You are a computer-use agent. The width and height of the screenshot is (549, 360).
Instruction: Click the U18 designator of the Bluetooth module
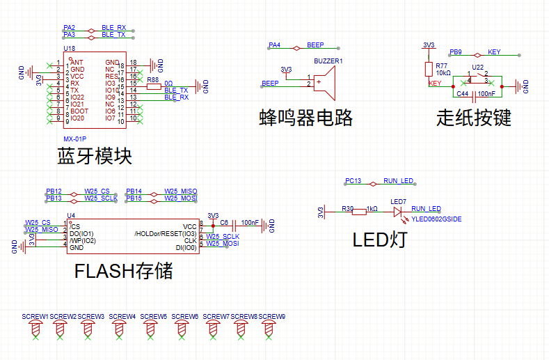point(69,49)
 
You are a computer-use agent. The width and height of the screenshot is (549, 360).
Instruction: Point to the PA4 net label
point(275,45)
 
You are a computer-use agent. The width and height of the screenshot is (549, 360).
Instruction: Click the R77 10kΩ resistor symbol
point(428,68)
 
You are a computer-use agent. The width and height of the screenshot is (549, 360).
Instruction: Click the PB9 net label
point(456,52)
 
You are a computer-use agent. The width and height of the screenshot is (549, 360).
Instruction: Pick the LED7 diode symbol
point(399,209)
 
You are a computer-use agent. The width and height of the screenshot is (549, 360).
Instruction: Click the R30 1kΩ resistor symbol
point(359,209)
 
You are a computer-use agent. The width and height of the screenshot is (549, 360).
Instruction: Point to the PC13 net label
point(353,181)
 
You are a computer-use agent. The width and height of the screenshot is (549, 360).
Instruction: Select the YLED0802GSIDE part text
point(436,219)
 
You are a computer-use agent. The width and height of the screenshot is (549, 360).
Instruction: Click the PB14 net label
point(134,191)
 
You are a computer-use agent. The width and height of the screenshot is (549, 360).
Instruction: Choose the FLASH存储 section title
point(123,271)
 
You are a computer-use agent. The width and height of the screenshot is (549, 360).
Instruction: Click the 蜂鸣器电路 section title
point(305,118)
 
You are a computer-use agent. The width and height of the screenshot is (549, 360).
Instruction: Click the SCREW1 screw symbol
point(35,328)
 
